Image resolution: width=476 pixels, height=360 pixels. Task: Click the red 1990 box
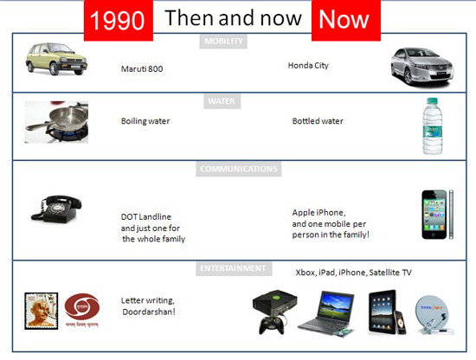(x=119, y=21)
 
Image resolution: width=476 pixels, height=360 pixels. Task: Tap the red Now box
(x=346, y=21)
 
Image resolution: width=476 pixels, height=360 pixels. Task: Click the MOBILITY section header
(x=223, y=42)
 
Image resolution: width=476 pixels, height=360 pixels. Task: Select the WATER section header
(x=222, y=101)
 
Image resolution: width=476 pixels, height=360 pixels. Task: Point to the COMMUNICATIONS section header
(x=239, y=169)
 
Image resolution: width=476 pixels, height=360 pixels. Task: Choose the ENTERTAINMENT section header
(x=234, y=268)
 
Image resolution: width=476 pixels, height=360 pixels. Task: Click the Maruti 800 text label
(x=142, y=69)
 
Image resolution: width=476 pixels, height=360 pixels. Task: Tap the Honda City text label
(x=308, y=66)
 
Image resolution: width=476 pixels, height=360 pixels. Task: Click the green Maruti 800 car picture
(x=56, y=59)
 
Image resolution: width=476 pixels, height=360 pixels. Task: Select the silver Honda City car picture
(x=422, y=67)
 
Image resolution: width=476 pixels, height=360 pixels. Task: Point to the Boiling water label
(x=145, y=121)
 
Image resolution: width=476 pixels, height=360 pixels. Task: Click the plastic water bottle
(x=433, y=126)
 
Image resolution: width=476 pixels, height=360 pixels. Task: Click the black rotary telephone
(x=56, y=209)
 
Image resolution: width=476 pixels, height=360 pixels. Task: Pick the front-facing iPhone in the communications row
(x=434, y=215)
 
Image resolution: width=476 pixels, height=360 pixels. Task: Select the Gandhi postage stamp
(x=42, y=312)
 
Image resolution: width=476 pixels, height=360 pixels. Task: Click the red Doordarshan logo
(x=82, y=306)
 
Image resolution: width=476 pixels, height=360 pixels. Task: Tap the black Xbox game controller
(x=271, y=325)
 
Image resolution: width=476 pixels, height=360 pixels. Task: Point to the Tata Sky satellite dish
(x=434, y=315)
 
